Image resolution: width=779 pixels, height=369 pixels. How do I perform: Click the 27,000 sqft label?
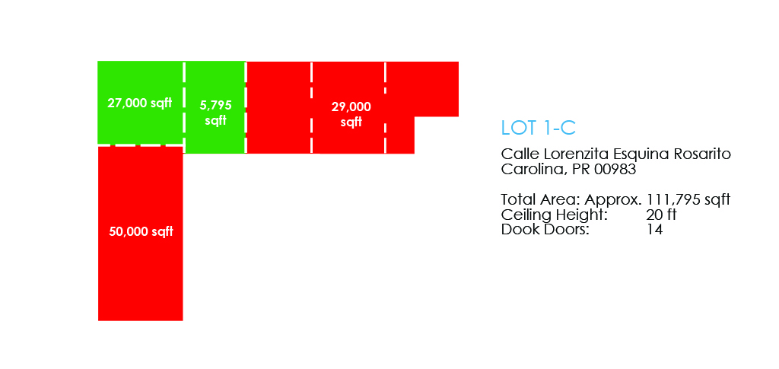(x=140, y=103)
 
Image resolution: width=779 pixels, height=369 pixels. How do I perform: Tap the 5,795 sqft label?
(x=215, y=113)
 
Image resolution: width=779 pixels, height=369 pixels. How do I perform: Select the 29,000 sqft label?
(x=351, y=114)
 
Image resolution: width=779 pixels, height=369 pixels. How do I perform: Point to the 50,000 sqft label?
(x=141, y=231)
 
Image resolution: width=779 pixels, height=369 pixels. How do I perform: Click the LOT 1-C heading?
(x=539, y=128)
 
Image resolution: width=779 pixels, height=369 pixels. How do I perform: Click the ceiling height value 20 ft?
(x=663, y=215)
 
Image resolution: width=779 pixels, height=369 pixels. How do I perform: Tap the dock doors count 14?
(x=654, y=230)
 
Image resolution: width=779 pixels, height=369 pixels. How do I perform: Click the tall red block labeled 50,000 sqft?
(x=141, y=234)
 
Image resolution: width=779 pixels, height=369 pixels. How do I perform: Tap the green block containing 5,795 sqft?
(x=215, y=107)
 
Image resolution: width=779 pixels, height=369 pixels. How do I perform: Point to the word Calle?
(x=517, y=154)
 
